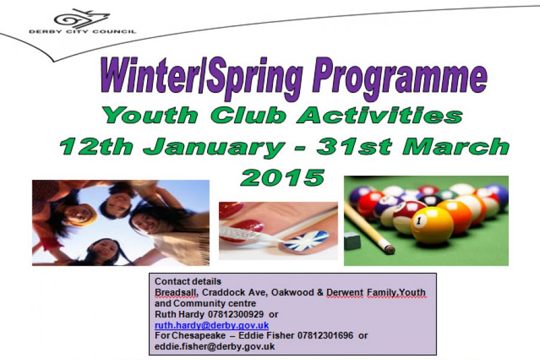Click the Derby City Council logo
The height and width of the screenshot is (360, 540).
[83, 22]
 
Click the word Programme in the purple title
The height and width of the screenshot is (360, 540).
[400, 78]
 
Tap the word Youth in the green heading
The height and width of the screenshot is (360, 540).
[151, 115]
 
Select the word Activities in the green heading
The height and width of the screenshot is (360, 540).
[379, 115]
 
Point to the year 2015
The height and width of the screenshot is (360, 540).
[283, 178]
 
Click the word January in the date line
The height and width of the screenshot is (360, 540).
[214, 148]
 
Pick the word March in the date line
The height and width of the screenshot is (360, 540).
[455, 146]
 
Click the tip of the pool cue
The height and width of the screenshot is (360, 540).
[391, 250]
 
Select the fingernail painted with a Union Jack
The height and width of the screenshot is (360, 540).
[304, 241]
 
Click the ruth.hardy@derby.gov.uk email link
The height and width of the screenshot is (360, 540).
[211, 325]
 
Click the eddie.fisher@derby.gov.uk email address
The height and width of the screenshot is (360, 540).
[215, 346]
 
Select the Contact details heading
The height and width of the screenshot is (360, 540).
[188, 281]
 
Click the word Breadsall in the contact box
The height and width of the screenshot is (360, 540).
[176, 292]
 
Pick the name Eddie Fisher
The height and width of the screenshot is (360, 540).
[266, 335]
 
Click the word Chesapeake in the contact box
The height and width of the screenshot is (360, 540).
[199, 335]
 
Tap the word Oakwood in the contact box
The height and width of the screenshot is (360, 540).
[292, 292]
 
